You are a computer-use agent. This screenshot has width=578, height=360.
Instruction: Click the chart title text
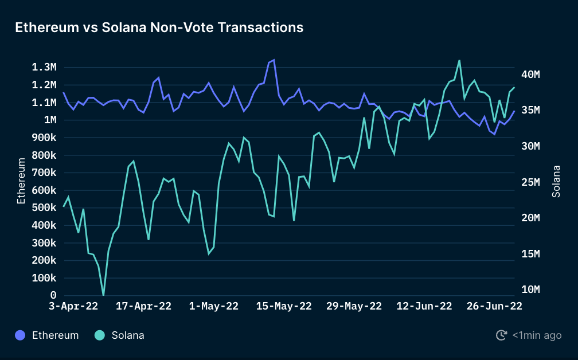[159, 27]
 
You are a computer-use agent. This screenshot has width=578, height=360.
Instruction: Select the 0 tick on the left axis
[53, 295]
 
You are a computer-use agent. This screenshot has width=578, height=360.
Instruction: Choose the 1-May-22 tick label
[214, 306]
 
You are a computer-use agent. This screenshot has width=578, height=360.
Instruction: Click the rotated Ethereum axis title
[21, 181]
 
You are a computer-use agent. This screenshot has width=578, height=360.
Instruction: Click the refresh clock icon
[501, 335]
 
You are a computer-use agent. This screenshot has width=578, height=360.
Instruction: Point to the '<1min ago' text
[537, 335]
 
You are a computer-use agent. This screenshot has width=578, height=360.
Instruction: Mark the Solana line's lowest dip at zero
[103, 295]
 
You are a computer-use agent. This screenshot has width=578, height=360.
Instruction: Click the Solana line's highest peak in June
[459, 60]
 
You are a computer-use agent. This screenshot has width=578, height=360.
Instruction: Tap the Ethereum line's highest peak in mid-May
[274, 60]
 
